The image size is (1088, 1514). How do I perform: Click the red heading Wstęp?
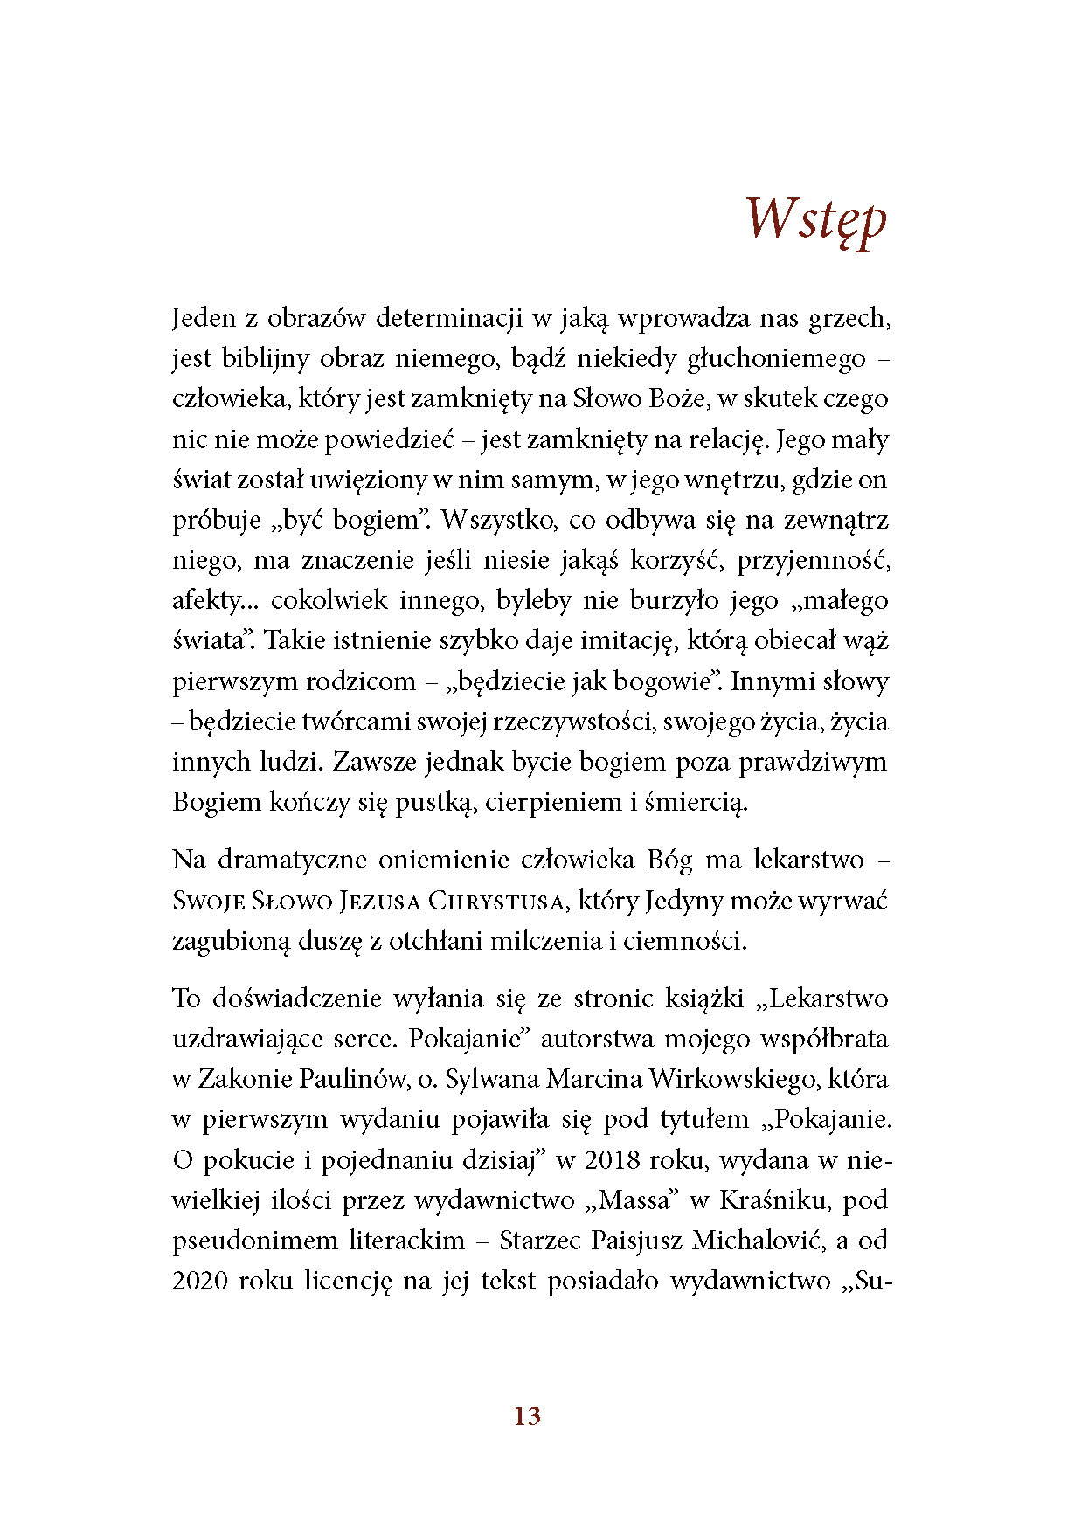coord(816,219)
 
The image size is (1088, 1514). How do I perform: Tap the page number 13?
coord(527,1416)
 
